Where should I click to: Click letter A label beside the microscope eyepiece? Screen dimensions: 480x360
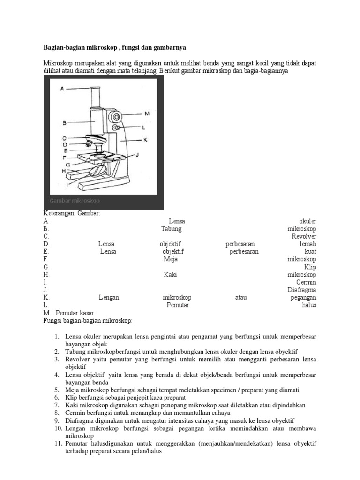pyautogui.click(x=62, y=88)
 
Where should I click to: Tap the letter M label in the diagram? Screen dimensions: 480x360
pyautogui.click(x=146, y=113)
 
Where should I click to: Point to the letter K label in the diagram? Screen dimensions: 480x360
pyautogui.click(x=145, y=139)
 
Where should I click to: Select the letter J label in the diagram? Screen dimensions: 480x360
pyautogui.click(x=137, y=154)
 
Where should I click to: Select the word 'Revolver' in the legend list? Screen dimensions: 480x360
pyautogui.click(x=304, y=236)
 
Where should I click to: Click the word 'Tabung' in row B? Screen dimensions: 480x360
pyautogui.click(x=171, y=229)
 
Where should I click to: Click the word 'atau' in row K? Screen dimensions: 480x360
pyautogui.click(x=241, y=297)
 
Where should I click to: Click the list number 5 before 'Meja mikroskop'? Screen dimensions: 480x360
pyautogui.click(x=56, y=390)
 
